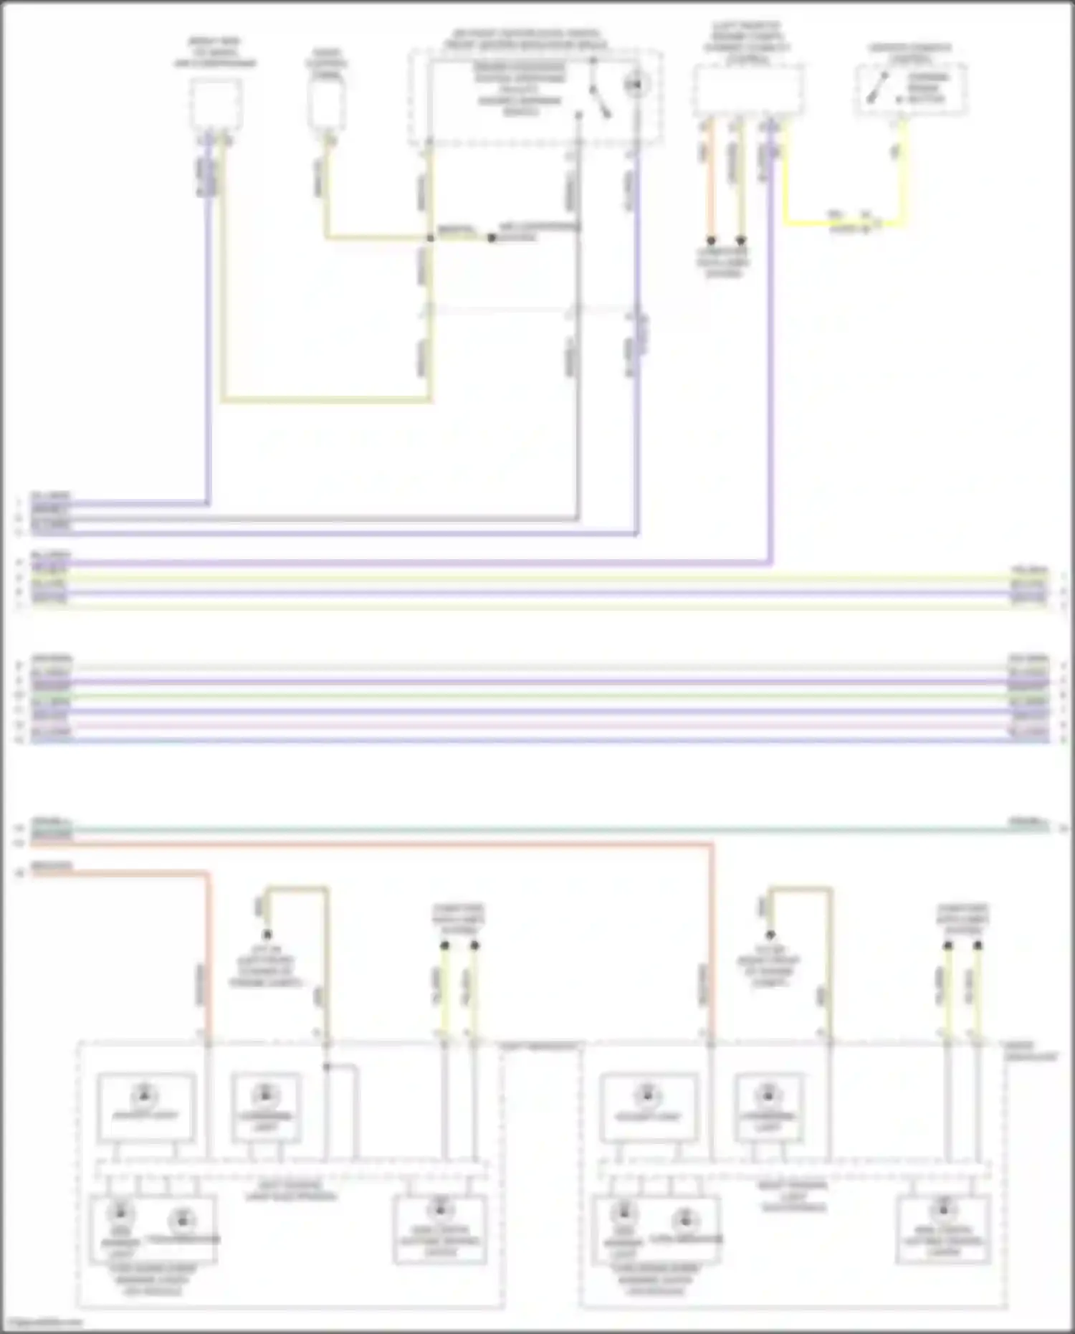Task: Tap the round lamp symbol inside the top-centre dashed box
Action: point(634,85)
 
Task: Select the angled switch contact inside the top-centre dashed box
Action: point(599,100)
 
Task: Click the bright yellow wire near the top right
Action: point(846,224)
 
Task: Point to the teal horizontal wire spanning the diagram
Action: point(537,829)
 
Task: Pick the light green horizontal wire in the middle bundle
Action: point(537,696)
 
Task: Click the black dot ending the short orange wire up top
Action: point(711,241)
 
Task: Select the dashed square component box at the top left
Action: point(215,105)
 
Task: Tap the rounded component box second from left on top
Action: point(327,105)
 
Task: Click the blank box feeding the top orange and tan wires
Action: point(747,90)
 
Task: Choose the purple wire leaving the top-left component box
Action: point(209,323)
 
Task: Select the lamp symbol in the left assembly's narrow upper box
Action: point(265,1095)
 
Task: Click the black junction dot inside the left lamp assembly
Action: point(327,1067)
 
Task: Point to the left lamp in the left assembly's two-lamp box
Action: point(118,1213)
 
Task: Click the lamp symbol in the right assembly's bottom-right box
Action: point(942,1210)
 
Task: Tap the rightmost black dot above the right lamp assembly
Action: point(978,945)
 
